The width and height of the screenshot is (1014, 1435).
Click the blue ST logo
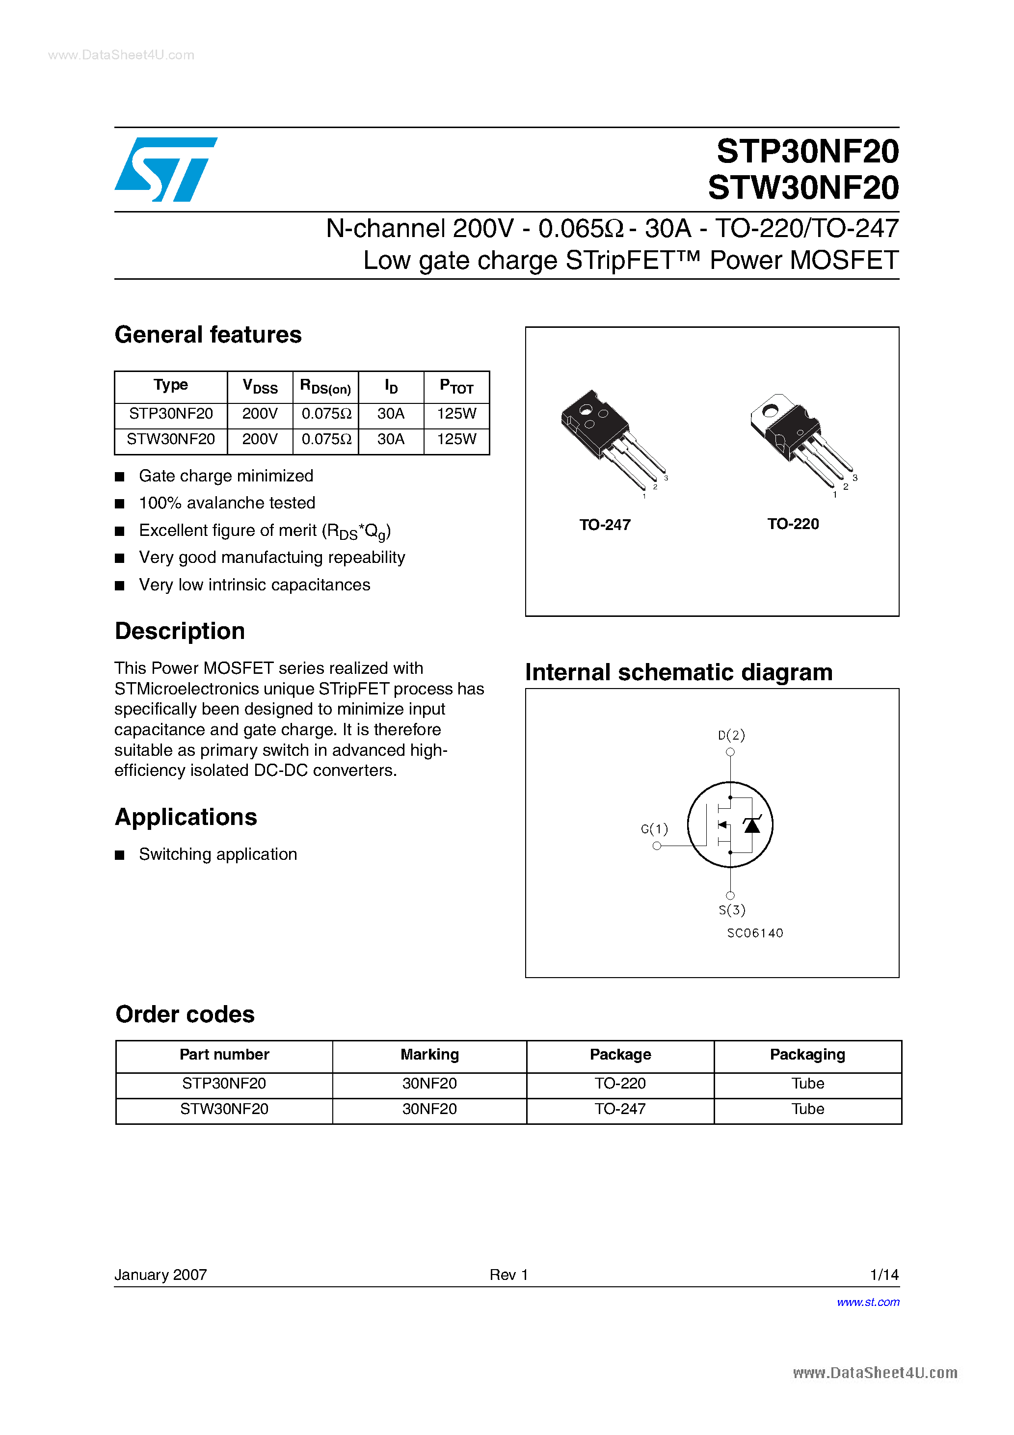click(x=166, y=169)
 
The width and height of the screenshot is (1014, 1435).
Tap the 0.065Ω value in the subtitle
click(x=581, y=229)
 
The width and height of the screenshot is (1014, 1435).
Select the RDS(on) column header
click(x=325, y=386)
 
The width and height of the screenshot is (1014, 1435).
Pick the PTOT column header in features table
click(x=456, y=386)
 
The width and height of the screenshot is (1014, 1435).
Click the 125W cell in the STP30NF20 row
click(x=456, y=414)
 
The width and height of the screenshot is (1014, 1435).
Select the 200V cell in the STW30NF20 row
click(x=260, y=439)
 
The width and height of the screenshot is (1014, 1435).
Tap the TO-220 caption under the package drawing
click(x=793, y=524)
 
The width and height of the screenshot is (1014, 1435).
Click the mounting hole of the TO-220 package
click(x=770, y=411)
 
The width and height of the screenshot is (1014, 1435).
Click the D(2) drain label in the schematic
click(x=731, y=735)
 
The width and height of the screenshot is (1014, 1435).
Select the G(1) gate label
click(x=654, y=829)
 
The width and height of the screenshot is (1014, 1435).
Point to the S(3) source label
click(x=731, y=910)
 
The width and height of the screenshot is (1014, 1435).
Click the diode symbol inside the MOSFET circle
click(x=752, y=825)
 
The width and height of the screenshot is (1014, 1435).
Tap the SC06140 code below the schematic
click(x=754, y=933)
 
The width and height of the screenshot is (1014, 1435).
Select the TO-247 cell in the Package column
click(x=619, y=1109)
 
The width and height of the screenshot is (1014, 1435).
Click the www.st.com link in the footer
click(x=868, y=1302)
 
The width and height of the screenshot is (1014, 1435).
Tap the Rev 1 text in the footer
click(x=508, y=1275)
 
